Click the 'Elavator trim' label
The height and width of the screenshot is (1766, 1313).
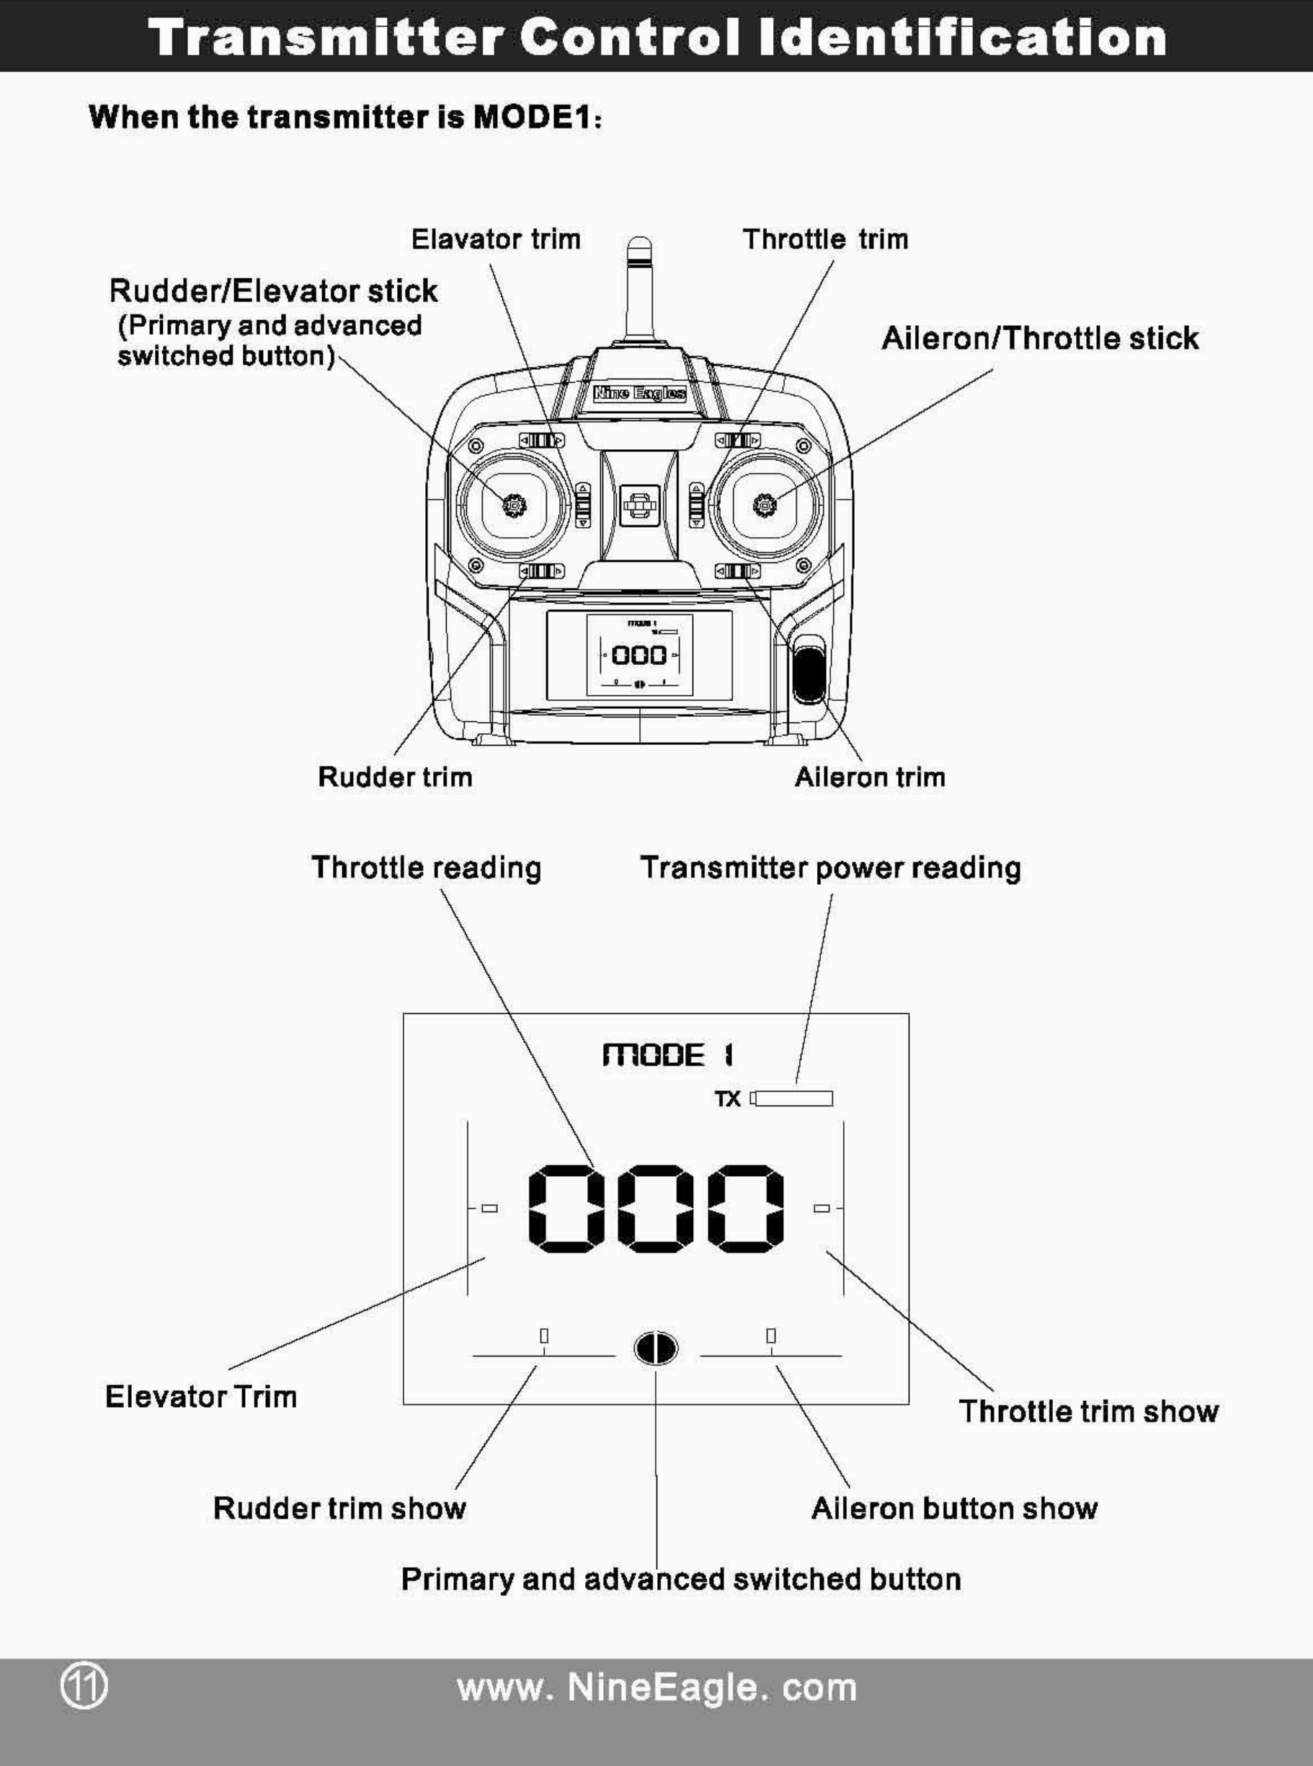496,239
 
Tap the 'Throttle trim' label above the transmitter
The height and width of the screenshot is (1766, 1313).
825,239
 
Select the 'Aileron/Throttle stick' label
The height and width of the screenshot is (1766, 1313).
1040,339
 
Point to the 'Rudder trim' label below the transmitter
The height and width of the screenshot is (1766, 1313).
395,777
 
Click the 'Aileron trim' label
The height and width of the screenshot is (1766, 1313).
870,777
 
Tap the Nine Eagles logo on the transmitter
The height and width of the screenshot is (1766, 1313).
640,393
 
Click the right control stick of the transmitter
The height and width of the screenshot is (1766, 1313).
764,503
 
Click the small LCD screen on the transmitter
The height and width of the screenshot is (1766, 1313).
640,656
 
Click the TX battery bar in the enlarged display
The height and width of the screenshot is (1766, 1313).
793,1099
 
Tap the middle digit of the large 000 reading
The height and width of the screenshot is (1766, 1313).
656,1208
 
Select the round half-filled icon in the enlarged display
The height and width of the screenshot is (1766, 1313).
656,1348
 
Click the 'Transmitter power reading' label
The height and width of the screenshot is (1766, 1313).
831,867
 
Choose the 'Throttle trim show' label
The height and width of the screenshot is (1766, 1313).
1088,1412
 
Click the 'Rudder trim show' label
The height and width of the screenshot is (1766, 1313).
339,1509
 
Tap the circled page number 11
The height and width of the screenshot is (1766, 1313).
84,1687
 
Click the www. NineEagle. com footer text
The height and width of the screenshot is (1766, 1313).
656,1687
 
